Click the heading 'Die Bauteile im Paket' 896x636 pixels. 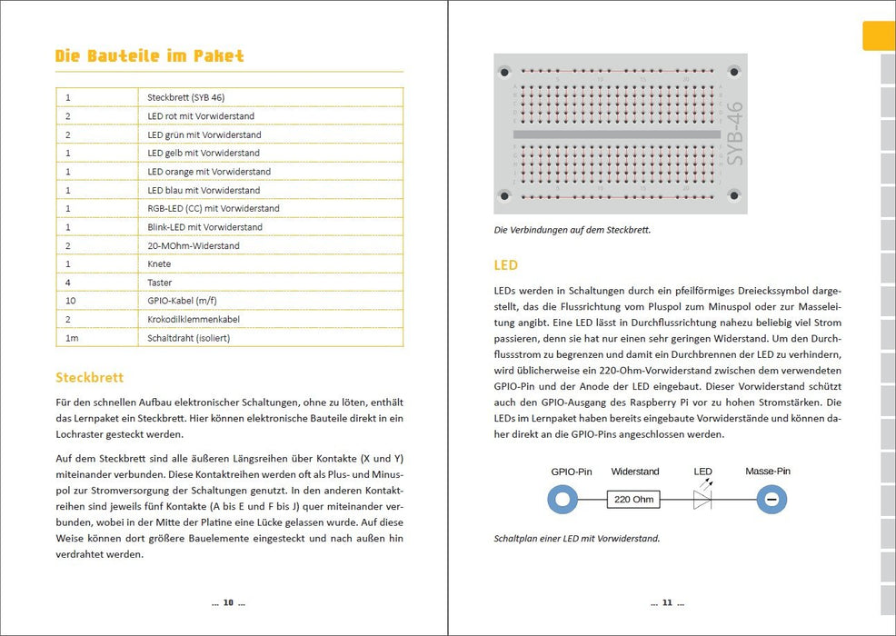pyautogui.click(x=150, y=56)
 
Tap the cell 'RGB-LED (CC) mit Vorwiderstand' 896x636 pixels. pyautogui.click(x=214, y=208)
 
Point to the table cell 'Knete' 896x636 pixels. pyautogui.click(x=159, y=263)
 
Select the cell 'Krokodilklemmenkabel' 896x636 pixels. pyautogui.click(x=193, y=320)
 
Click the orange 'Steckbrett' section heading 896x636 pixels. pyautogui.click(x=90, y=377)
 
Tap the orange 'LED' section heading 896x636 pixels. pyautogui.click(x=506, y=265)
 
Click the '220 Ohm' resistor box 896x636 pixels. pyautogui.click(x=634, y=500)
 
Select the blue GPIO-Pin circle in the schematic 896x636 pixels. pyautogui.click(x=562, y=500)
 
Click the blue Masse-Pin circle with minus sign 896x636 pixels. pyautogui.click(x=772, y=500)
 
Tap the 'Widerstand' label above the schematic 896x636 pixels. pyautogui.click(x=635, y=472)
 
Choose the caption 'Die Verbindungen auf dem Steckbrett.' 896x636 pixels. pyautogui.click(x=572, y=230)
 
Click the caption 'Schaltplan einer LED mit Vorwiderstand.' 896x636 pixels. pyautogui.click(x=577, y=538)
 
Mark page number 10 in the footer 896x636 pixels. pyautogui.click(x=228, y=602)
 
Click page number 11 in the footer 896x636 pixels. pyautogui.click(x=666, y=602)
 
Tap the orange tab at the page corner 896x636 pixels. pyautogui.click(x=878, y=35)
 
